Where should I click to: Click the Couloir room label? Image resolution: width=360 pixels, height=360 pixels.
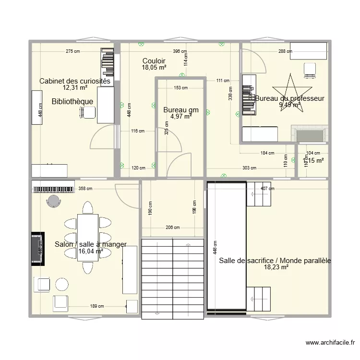click(154, 61)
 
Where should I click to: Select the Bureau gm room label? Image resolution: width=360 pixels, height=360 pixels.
click(180, 110)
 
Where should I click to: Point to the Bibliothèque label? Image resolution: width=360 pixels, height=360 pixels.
click(72, 102)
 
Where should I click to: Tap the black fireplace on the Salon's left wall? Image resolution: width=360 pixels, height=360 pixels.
click(37, 249)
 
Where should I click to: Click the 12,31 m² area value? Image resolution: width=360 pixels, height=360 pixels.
click(75, 88)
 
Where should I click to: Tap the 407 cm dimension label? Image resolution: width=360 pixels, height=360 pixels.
click(268, 189)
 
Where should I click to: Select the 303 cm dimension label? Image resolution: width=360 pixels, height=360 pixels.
click(249, 168)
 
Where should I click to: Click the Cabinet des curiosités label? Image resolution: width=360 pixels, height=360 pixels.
click(75, 81)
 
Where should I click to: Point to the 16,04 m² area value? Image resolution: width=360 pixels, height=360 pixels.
click(91, 251)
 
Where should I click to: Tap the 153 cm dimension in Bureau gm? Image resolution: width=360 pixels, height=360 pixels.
click(180, 88)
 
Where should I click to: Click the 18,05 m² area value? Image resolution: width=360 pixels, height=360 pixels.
click(154, 68)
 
